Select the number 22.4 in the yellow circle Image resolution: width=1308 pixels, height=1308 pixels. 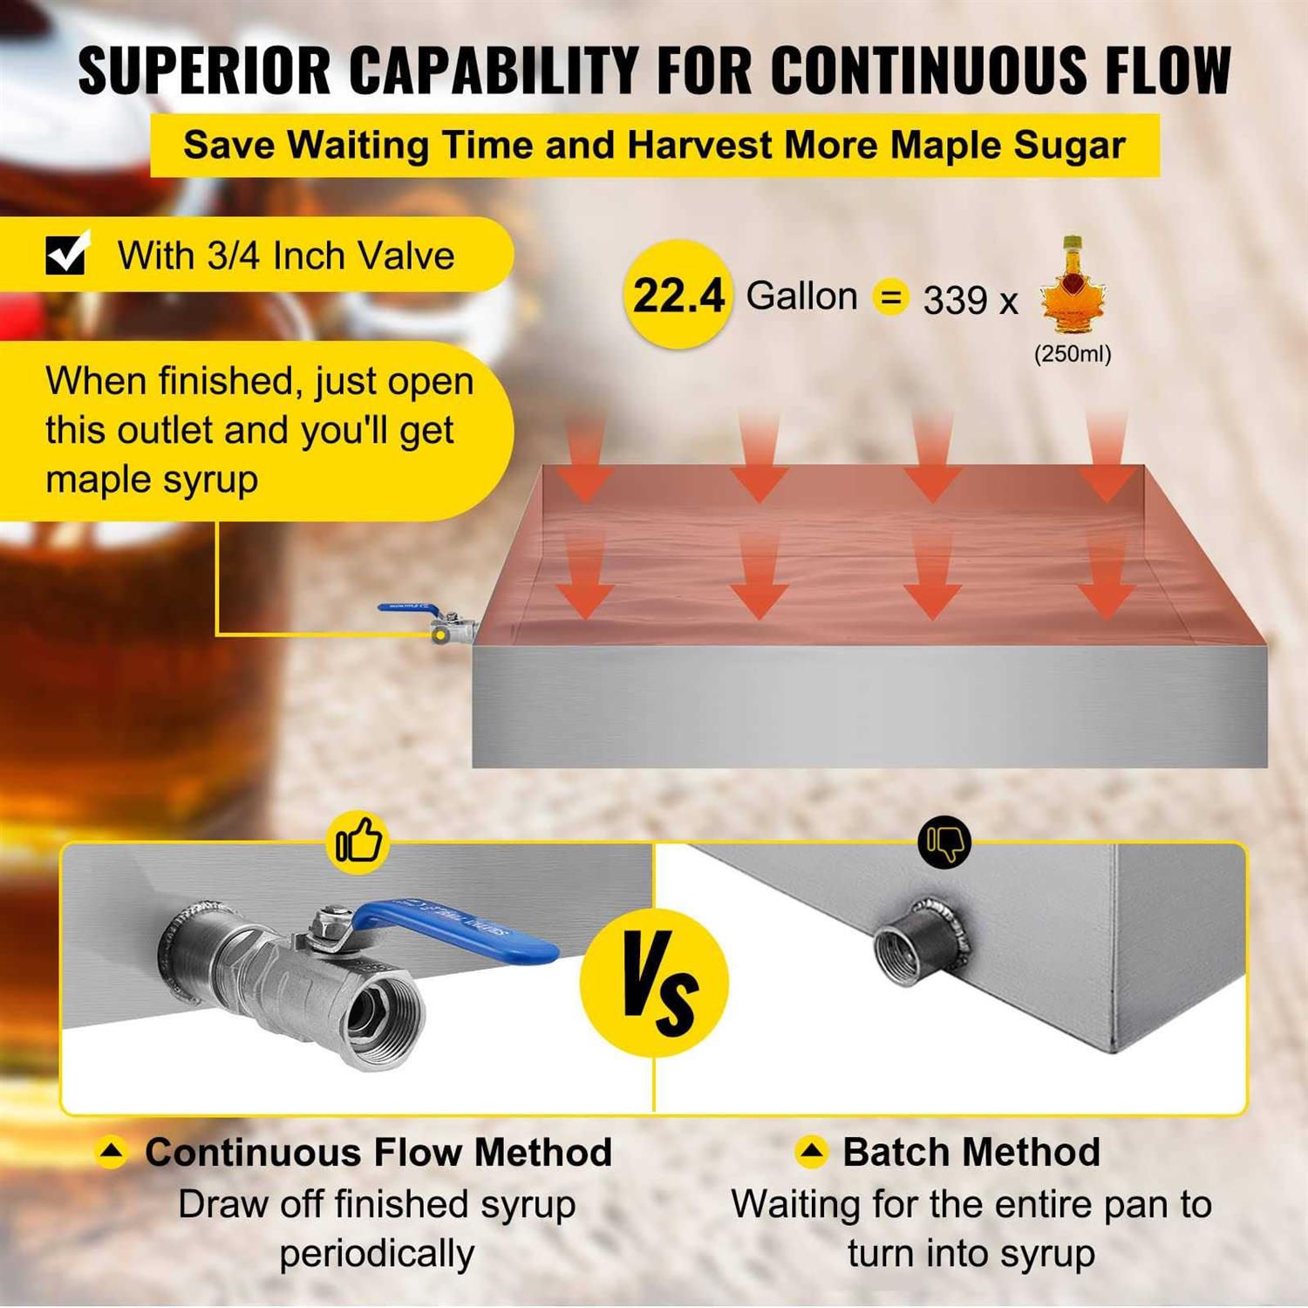[x=678, y=295]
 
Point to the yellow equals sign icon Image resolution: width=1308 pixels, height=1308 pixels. [x=890, y=297]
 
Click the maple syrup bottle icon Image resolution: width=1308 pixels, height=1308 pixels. [x=1073, y=285]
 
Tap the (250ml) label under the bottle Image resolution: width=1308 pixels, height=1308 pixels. [x=1073, y=354]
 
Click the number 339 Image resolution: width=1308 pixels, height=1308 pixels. [x=955, y=300]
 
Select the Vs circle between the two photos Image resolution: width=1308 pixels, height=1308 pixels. [x=654, y=982]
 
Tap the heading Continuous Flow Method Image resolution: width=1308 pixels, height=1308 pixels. [x=378, y=1152]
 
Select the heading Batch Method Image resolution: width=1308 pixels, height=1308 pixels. [x=971, y=1152]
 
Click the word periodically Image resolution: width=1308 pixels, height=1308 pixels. [x=377, y=1254]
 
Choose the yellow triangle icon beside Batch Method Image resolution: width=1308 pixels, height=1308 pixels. [x=811, y=1152]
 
